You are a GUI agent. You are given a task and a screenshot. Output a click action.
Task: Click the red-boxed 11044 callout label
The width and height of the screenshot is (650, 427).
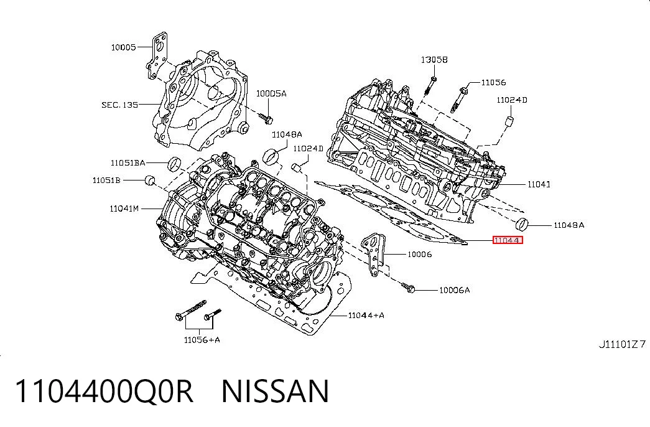508,240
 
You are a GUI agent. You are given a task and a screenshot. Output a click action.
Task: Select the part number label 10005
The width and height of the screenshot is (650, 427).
123,47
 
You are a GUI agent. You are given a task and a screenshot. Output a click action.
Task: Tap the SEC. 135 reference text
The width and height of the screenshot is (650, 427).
120,105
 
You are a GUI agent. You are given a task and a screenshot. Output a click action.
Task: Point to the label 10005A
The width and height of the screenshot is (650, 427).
271,93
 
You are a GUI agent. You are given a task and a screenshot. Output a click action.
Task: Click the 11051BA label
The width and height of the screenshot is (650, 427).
128,162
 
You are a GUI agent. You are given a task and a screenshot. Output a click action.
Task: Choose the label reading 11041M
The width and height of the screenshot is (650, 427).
124,209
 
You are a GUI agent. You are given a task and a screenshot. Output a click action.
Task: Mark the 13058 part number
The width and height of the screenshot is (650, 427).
434,60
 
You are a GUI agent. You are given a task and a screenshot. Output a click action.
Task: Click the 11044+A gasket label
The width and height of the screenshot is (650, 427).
366,316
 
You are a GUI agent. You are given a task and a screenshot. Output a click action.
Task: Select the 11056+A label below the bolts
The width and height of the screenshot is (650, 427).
202,340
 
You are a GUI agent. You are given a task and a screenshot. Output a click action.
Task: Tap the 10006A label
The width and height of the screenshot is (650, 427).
454,290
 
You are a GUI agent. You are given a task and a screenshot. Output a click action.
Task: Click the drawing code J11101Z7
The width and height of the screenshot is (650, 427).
622,344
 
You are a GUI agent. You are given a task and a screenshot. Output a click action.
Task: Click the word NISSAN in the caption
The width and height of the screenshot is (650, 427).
276,391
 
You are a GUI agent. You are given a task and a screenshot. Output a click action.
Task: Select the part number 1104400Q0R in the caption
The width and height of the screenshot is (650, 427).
104,391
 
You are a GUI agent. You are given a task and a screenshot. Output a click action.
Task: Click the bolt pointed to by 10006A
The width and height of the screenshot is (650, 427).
407,288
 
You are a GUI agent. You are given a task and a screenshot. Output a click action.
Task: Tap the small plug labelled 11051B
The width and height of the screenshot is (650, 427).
150,180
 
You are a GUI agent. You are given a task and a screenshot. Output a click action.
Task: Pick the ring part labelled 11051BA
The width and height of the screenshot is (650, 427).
175,164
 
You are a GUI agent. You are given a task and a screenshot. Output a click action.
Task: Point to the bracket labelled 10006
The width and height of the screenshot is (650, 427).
374,254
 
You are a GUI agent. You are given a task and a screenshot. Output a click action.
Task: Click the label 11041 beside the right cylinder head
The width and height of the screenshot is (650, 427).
539,184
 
